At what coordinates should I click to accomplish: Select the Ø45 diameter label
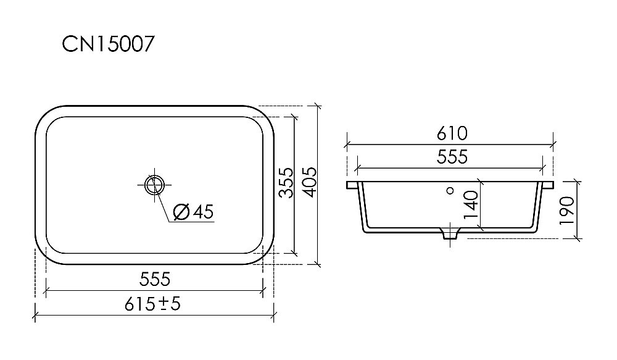tap(193, 212)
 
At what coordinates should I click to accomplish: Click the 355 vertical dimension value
tap(284, 183)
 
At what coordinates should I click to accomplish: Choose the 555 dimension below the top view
tap(154, 279)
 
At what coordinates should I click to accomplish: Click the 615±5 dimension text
tap(154, 304)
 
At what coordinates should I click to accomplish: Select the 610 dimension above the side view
tap(452, 133)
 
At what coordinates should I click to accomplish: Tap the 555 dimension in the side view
tap(452, 157)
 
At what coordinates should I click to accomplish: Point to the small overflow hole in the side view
tap(450, 191)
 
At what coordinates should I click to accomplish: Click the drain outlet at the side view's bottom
tap(450, 235)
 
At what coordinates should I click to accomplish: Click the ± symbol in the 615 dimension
tap(165, 304)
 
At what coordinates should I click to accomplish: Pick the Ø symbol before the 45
tap(181, 212)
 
